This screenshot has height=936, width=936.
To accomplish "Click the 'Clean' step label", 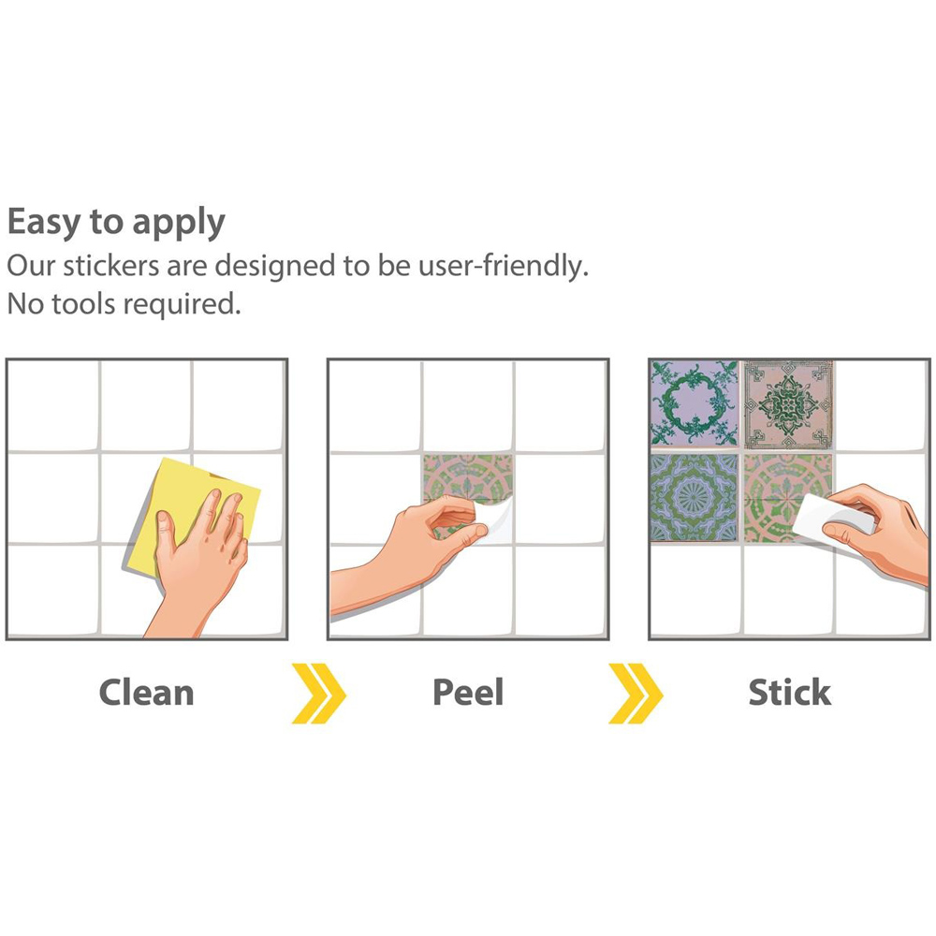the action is coord(146,693).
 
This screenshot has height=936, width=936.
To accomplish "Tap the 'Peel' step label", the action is coord(468,693).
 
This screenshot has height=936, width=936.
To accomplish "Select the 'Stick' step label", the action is coord(790,693).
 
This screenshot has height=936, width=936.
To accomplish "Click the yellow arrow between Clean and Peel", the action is coord(319,693).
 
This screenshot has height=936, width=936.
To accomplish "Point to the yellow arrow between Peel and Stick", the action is coord(636,693).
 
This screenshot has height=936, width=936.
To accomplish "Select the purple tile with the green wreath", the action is coord(695,403).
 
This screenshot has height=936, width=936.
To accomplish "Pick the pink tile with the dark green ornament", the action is coord(788,404).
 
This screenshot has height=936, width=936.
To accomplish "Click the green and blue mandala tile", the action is coord(695,497).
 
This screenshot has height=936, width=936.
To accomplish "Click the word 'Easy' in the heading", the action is coord(43,222).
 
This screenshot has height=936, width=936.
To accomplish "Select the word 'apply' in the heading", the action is coord(179,224).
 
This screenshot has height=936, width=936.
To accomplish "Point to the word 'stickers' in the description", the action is coord(111,266).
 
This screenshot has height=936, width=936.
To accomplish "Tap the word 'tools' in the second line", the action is coord(83,304).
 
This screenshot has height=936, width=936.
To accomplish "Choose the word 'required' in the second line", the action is coord(183,306).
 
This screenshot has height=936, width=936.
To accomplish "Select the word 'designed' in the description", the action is coord(275,266).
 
